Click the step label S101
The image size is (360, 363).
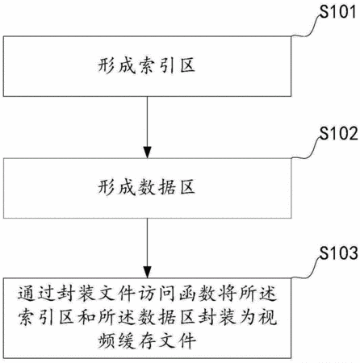click(338, 12)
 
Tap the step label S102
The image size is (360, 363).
click(338, 133)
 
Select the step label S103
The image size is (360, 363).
click(338, 253)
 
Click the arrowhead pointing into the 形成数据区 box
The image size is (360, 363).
click(147, 152)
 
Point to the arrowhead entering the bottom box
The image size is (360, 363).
click(147, 272)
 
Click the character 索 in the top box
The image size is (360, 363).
click(147, 65)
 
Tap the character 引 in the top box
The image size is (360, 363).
click(167, 65)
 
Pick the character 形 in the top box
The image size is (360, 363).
click(106, 65)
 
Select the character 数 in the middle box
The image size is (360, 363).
click(147, 187)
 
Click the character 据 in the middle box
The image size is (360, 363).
click(167, 187)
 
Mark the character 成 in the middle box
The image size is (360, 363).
click(127, 187)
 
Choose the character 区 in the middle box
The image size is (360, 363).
click(187, 187)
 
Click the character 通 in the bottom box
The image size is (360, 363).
click(27, 293)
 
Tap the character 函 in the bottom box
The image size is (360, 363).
click(187, 293)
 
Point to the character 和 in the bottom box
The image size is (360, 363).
click(86, 317)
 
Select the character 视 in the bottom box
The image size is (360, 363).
click(268, 317)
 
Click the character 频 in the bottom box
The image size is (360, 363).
click(107, 340)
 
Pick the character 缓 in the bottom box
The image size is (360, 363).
click(127, 340)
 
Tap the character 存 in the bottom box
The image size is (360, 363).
click(147, 340)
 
